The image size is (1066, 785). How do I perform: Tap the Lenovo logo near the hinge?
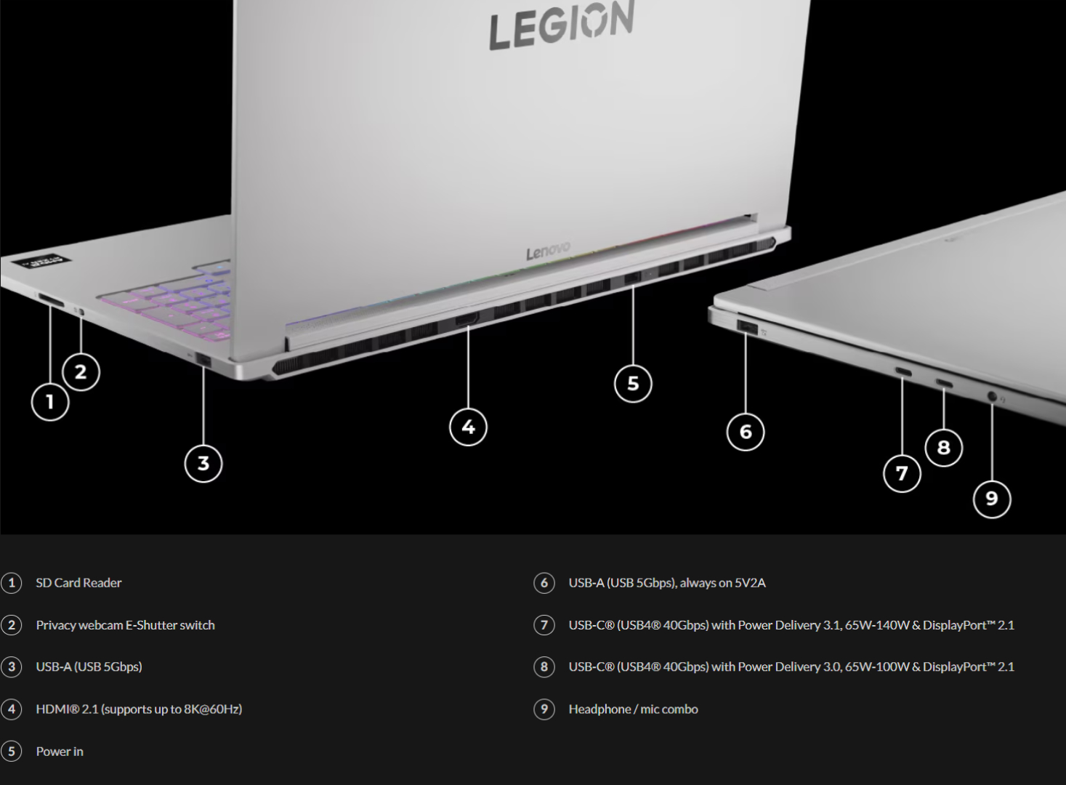[x=548, y=251]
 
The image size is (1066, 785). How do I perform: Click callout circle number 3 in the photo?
[x=203, y=463]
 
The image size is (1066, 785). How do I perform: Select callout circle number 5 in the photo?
[x=633, y=383]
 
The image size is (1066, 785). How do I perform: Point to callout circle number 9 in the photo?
[x=992, y=499]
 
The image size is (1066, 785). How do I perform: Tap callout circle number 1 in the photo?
[x=50, y=402]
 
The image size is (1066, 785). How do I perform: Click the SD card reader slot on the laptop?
[x=50, y=300]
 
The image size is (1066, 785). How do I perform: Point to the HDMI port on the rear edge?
[x=467, y=319]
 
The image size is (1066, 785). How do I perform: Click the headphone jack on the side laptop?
[x=992, y=395]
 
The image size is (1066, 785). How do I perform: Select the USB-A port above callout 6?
[x=747, y=327]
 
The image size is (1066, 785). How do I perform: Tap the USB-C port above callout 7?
[x=903, y=371]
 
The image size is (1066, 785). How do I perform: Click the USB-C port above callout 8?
[x=944, y=383]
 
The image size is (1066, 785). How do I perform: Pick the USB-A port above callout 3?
[x=203, y=361]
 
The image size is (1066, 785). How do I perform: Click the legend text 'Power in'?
[x=60, y=751]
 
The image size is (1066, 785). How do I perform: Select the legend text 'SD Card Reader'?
[x=78, y=583]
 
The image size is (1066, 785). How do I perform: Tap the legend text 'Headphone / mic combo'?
[x=634, y=709]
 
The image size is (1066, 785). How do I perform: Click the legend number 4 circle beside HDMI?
[x=12, y=709]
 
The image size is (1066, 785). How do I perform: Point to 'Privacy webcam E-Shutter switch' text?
[x=125, y=625]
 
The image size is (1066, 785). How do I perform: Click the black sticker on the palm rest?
[x=42, y=262]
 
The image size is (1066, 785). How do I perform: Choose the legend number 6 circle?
[x=544, y=583]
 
